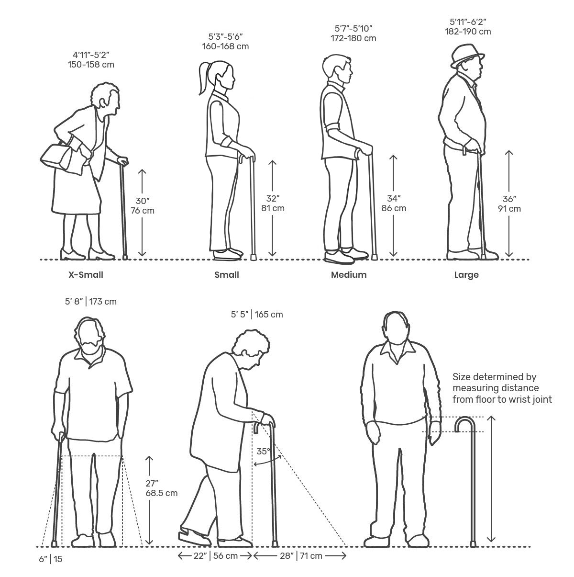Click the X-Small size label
point(86,274)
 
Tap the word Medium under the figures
point(349,274)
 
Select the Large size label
point(466,275)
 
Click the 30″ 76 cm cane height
point(143,206)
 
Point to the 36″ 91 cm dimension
point(509,204)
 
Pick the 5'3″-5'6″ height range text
point(225,36)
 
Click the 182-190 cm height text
point(468,32)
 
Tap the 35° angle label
point(263,451)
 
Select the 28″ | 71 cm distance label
point(301,556)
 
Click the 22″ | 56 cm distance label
point(215,556)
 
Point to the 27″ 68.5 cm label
point(162,488)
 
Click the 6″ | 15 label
point(51,559)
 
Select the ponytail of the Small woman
point(205,79)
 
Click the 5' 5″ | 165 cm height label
point(257,315)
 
